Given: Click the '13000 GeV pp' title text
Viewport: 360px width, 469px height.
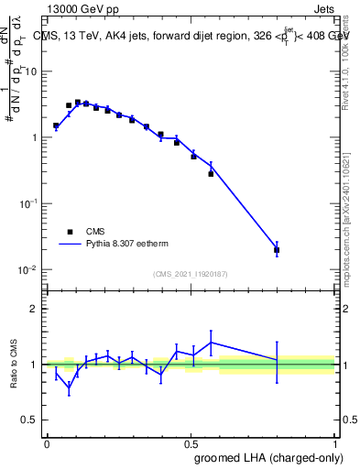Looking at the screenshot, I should pos(82,9).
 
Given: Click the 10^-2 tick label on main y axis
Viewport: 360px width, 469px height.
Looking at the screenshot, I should pos(26,269).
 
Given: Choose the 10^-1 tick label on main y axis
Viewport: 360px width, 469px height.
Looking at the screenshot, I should pos(26,203).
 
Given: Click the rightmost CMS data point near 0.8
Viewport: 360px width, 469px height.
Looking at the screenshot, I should pos(277,249).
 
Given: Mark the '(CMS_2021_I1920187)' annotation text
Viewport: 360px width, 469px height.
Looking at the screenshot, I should pos(190,274).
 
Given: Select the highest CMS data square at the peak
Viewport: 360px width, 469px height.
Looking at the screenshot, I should pos(78,102).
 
